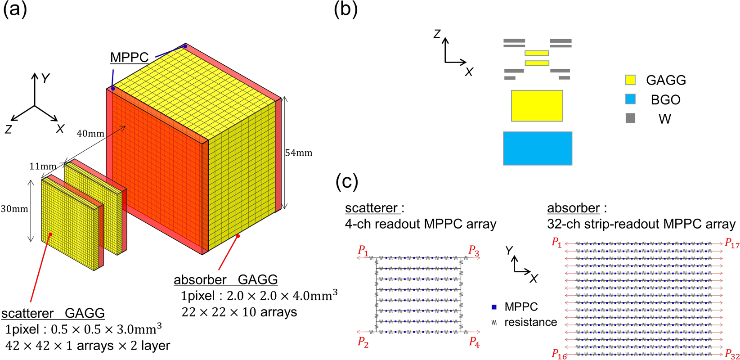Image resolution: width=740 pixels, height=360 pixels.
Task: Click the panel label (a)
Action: (x=15, y=9)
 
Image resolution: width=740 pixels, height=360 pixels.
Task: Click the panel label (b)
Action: (x=345, y=9)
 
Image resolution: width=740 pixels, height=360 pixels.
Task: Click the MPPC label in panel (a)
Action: (x=129, y=58)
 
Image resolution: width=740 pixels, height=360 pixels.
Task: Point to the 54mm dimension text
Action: (x=298, y=153)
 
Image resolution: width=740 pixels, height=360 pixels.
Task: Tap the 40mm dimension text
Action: (x=90, y=134)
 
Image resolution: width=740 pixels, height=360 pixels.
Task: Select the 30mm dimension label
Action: (x=14, y=209)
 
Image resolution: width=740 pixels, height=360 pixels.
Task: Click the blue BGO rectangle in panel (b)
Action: (x=538, y=148)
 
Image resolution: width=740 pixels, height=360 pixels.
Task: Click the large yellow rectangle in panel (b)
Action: (x=537, y=106)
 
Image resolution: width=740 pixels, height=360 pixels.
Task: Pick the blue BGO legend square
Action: (x=630, y=99)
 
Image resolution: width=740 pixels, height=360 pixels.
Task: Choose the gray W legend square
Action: (x=630, y=118)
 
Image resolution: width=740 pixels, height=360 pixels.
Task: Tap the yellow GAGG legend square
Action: (x=630, y=80)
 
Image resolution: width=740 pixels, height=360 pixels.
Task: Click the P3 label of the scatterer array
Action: (x=474, y=251)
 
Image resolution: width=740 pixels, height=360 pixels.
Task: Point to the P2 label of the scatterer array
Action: (x=363, y=342)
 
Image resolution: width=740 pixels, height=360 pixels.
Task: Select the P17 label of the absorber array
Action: (x=732, y=243)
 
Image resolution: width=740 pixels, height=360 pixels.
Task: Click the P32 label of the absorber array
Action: (x=732, y=354)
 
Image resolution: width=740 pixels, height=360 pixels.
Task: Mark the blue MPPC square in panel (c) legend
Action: (x=494, y=307)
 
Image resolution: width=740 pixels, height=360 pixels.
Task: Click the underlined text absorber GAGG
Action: (x=225, y=279)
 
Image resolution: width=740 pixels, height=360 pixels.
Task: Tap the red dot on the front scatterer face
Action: (x=51, y=234)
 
